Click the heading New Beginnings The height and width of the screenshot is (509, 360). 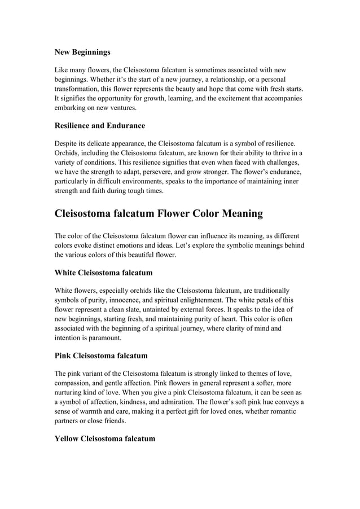point(82,52)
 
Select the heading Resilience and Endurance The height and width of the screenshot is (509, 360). point(100,125)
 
